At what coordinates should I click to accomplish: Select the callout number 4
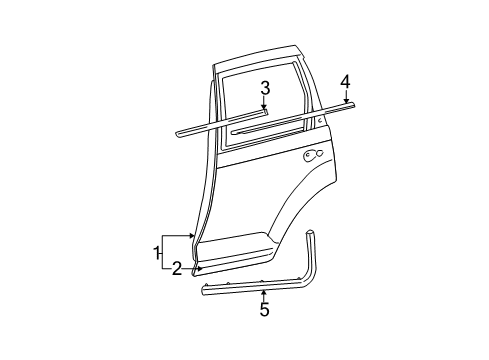(x=344, y=80)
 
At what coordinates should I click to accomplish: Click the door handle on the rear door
(x=312, y=154)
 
